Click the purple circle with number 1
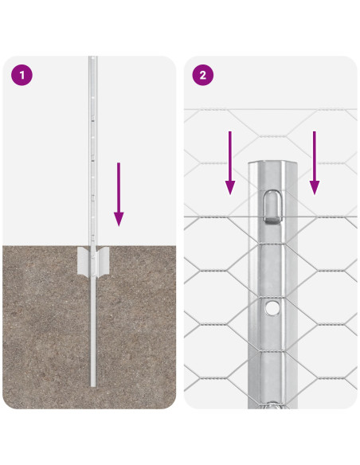(x=22, y=76)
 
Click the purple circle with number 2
(x=203, y=76)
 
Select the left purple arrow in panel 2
(x=229, y=162)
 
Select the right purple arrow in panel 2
(x=315, y=162)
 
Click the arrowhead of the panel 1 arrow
(x=119, y=218)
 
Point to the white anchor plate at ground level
(x=94, y=262)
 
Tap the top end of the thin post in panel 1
(x=92, y=58)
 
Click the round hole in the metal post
(x=273, y=307)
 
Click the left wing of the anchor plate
(x=82, y=262)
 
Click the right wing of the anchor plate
(x=106, y=262)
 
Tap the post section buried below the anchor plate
(x=94, y=334)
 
